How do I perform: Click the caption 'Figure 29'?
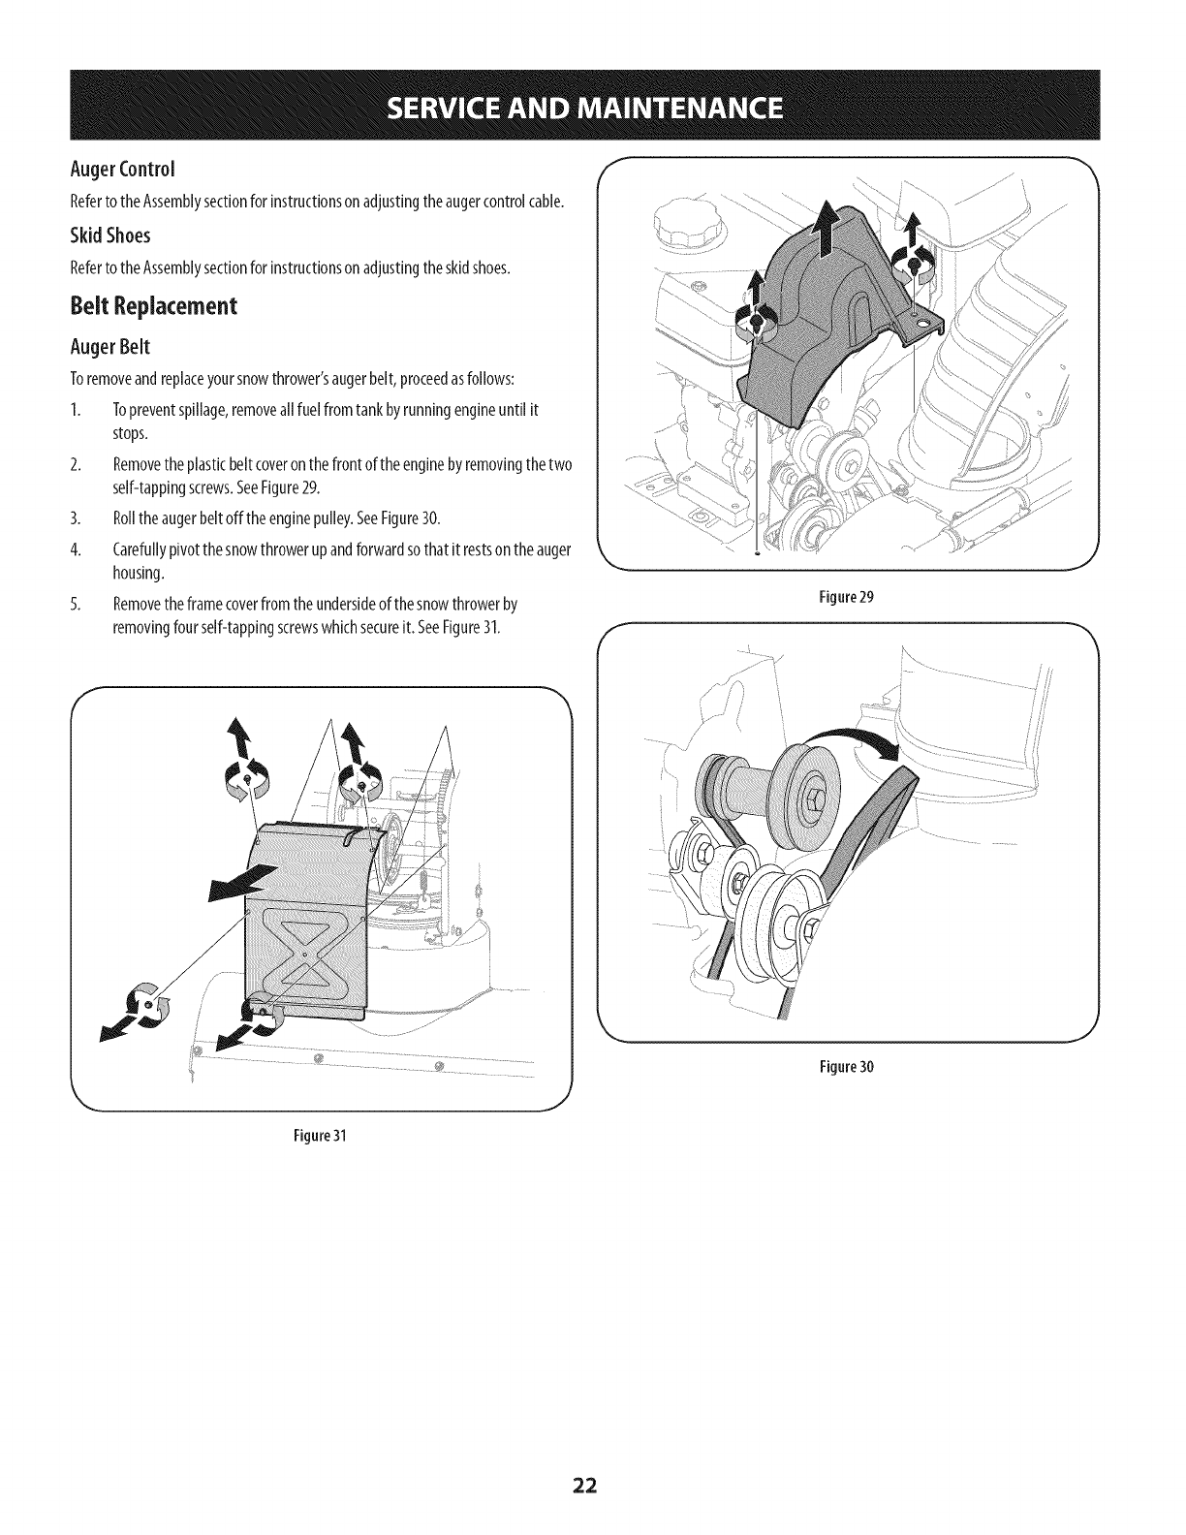point(849,597)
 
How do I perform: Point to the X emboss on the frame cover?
point(304,954)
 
